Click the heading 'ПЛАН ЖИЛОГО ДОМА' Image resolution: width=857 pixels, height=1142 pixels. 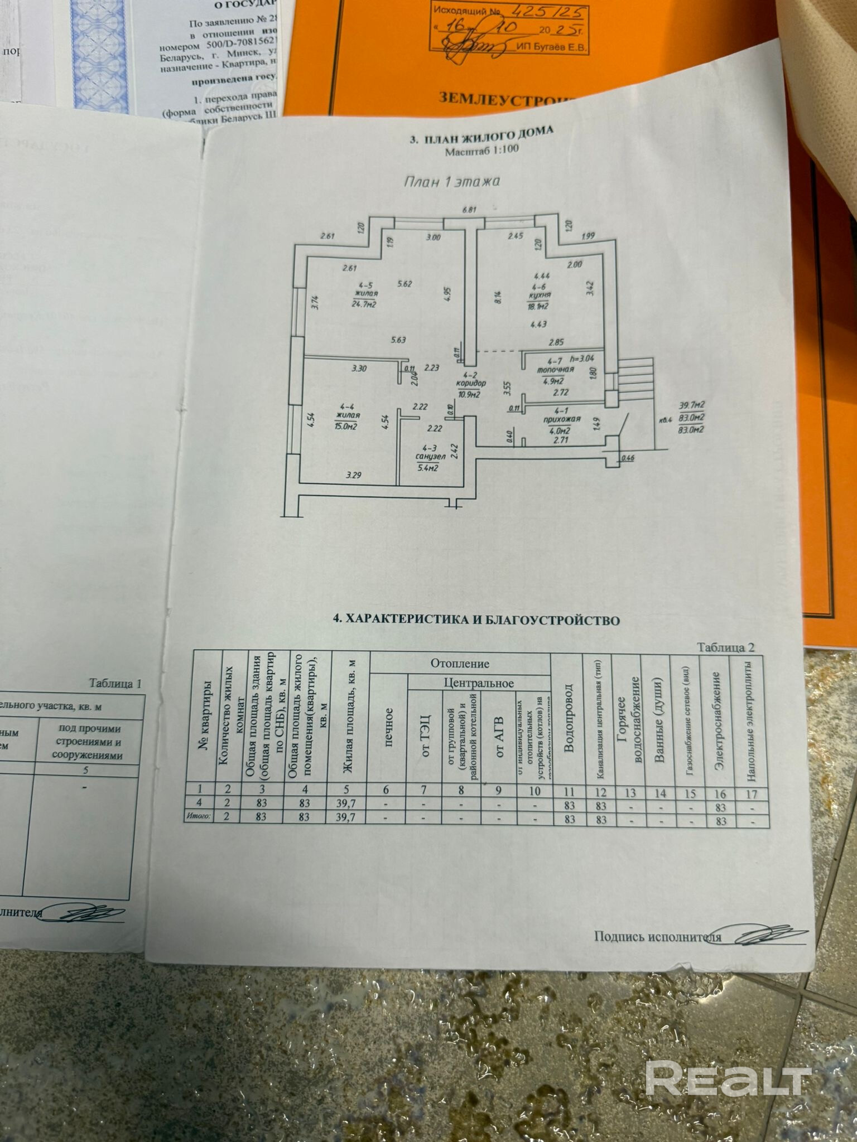(488, 135)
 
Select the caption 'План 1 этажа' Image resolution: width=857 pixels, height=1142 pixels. (451, 181)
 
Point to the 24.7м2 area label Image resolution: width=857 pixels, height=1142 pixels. (363, 304)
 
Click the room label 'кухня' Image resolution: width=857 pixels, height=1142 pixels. (540, 295)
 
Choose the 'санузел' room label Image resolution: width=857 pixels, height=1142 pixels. (430, 456)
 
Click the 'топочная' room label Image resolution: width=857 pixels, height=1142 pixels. (555, 370)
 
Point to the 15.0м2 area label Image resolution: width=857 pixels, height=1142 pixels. (346, 427)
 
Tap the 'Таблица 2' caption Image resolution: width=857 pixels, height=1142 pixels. (725, 647)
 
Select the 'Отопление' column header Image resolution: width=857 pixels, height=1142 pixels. (460, 664)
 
